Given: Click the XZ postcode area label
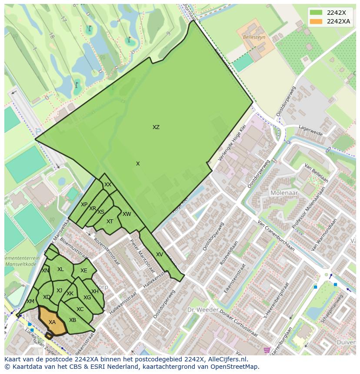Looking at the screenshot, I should click(x=156, y=127).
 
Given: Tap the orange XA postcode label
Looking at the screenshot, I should click(x=52, y=322).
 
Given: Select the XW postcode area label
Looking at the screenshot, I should click(x=127, y=214).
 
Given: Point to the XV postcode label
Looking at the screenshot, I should click(x=160, y=255).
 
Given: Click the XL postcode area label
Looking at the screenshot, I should click(x=60, y=269).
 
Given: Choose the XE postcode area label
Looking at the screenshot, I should click(x=83, y=271).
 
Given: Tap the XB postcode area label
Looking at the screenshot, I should click(x=73, y=320).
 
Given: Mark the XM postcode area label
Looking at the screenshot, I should click(x=30, y=301).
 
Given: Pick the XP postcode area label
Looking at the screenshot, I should click(x=84, y=205).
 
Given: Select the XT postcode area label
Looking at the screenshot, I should click(x=110, y=222).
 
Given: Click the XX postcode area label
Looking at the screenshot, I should click(x=108, y=185).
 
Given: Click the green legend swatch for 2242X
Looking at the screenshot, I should click(x=316, y=12).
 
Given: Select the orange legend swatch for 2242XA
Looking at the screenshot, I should click(x=316, y=21).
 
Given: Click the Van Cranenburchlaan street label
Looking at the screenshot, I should click(x=277, y=235).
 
